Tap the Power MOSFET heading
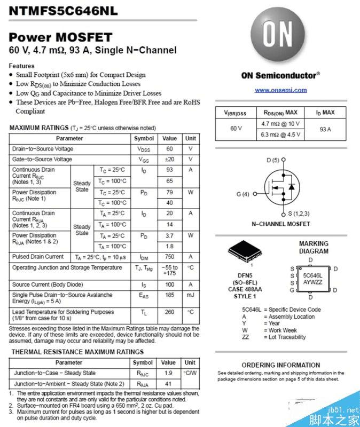60,37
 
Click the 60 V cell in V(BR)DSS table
236,129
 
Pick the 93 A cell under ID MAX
325,129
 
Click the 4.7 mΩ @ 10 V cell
280,123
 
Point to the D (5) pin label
273,160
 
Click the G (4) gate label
243,194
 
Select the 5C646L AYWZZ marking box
312,278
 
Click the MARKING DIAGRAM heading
314,247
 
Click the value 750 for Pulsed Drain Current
169,257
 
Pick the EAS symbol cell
144,295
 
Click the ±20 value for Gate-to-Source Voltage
169,159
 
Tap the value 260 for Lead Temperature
169,312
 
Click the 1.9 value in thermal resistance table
168,373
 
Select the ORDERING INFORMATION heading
280,365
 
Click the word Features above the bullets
22,66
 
